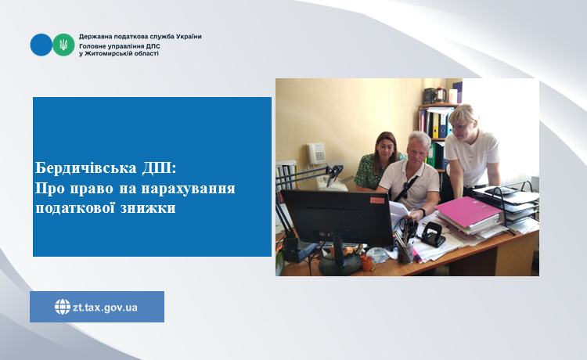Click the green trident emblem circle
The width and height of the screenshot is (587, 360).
63,45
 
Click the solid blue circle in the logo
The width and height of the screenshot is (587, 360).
41,45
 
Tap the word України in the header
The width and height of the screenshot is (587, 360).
189,37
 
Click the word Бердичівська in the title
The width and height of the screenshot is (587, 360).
86,168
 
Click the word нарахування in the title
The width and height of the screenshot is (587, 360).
189,189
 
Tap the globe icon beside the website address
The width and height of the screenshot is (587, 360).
63,307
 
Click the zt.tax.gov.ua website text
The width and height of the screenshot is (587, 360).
105,308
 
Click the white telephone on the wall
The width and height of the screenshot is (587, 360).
316,153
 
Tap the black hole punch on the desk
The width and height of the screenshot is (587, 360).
432,234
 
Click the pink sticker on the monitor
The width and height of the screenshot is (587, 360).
377,200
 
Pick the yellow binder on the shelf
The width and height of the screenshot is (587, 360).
435,125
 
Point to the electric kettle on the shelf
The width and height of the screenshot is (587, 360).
440,95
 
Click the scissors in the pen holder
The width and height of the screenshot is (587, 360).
408,229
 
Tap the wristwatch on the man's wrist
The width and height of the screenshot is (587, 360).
423,212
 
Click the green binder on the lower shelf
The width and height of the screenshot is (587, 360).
431,154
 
